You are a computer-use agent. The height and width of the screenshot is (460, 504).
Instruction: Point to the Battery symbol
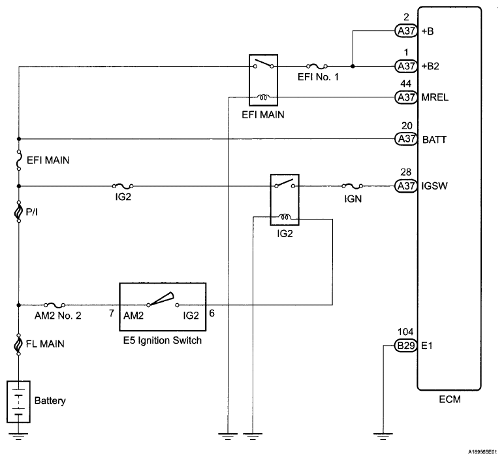19,401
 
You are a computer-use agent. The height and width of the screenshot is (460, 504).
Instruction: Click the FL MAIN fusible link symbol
19,343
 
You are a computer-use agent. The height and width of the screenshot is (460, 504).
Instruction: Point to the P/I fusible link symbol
19,213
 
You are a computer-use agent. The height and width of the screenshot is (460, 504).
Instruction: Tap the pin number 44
405,84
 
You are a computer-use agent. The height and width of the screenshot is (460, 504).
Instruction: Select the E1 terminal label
428,346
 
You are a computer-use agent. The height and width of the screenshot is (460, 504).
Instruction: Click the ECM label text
449,400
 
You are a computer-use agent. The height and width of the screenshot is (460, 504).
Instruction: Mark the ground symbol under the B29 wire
381,432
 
